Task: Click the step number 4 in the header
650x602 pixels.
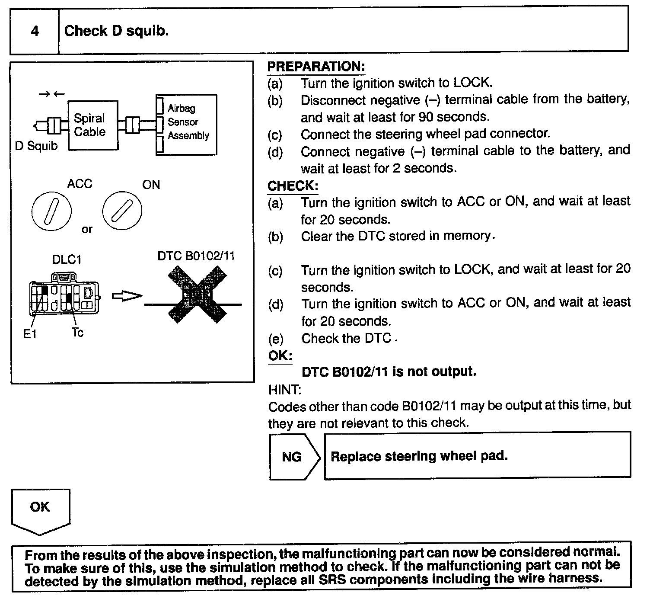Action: (35, 31)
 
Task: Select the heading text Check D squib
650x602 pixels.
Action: (116, 31)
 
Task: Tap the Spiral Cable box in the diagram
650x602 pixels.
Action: (92, 125)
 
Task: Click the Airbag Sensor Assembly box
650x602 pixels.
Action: (187, 125)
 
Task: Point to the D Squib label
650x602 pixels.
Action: (36, 146)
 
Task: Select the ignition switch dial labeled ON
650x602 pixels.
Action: (122, 212)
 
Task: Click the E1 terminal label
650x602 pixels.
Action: (29, 334)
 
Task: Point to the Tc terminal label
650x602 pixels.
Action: (77, 333)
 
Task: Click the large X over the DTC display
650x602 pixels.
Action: (197, 295)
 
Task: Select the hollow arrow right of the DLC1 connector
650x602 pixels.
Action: (127, 296)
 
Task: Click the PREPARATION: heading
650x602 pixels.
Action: (316, 67)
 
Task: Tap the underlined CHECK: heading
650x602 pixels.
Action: (293, 186)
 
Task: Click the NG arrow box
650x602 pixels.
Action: (294, 457)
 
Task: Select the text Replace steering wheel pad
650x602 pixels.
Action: (419, 456)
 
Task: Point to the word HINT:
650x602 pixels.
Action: (285, 390)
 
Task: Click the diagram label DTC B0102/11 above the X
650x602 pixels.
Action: (196, 256)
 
